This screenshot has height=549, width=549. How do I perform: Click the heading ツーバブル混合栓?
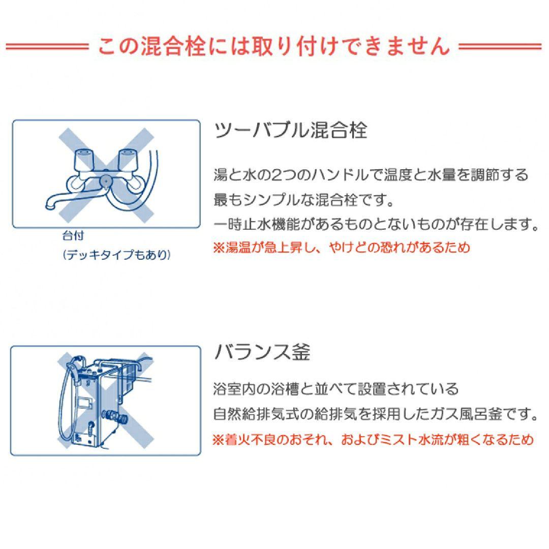[290, 131]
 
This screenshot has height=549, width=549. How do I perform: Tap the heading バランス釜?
[262, 352]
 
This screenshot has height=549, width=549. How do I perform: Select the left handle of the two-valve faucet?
[84, 160]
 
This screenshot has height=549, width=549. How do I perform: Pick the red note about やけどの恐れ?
[341, 248]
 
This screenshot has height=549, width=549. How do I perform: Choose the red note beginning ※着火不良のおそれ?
[373, 439]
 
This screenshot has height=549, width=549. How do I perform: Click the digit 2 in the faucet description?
[275, 175]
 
